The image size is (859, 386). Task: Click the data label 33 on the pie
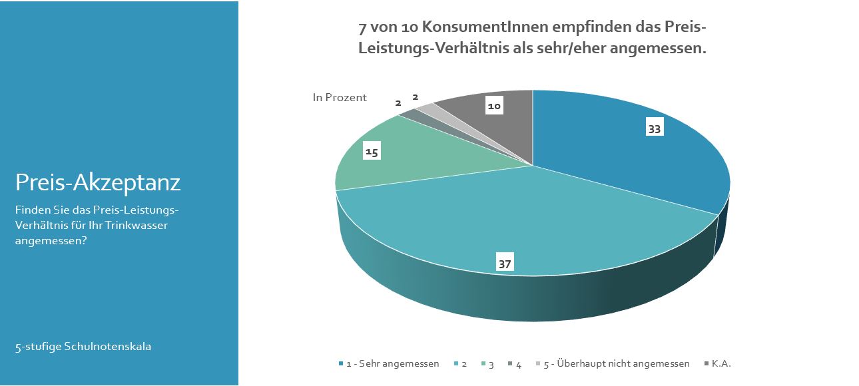[654, 129]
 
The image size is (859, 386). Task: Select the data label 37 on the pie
[505, 264]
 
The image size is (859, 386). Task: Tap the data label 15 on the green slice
[372, 152]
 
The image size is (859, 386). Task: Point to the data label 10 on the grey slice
[493, 106]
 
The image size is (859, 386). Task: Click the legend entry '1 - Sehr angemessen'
[392, 363]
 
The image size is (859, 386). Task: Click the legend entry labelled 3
[491, 363]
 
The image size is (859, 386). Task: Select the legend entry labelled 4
[518, 363]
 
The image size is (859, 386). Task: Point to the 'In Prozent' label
[340, 98]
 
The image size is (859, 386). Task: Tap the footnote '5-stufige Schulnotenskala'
[83, 347]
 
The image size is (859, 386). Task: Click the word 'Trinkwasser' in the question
[137, 226]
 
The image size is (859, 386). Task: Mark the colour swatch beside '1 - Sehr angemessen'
[341, 363]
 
